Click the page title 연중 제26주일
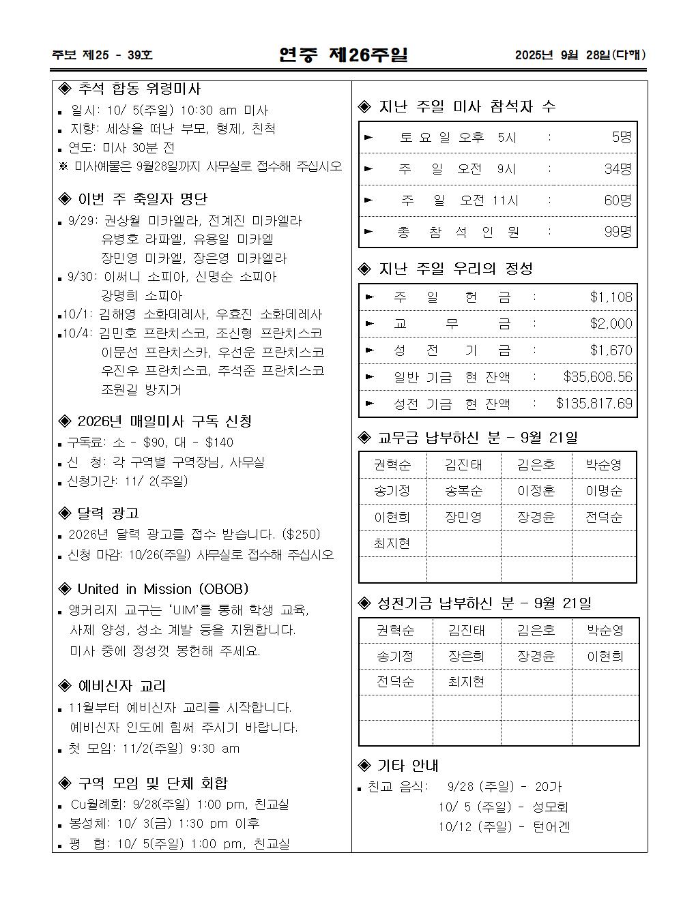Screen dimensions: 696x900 pos(343,55)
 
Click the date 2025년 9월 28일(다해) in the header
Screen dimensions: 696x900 pos(580,55)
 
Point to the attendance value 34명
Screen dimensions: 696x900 pos(618,168)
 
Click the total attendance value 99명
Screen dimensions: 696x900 pos(618,232)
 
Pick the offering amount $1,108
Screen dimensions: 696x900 pos(611,297)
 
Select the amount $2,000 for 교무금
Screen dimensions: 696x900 pos(611,323)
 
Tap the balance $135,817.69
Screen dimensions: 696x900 pos(594,403)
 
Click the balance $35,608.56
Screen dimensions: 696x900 pos(598,376)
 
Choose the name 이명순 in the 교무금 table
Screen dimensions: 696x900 pos(604,491)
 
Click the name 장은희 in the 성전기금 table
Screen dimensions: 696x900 pos(466,656)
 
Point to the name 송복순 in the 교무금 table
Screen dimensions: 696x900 pos(463,491)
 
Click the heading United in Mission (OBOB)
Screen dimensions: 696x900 pos(162,588)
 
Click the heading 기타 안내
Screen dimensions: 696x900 pos(407,765)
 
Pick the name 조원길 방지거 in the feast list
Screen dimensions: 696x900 pos(141,389)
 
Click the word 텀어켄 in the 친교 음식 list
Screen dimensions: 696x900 pos(551,826)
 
